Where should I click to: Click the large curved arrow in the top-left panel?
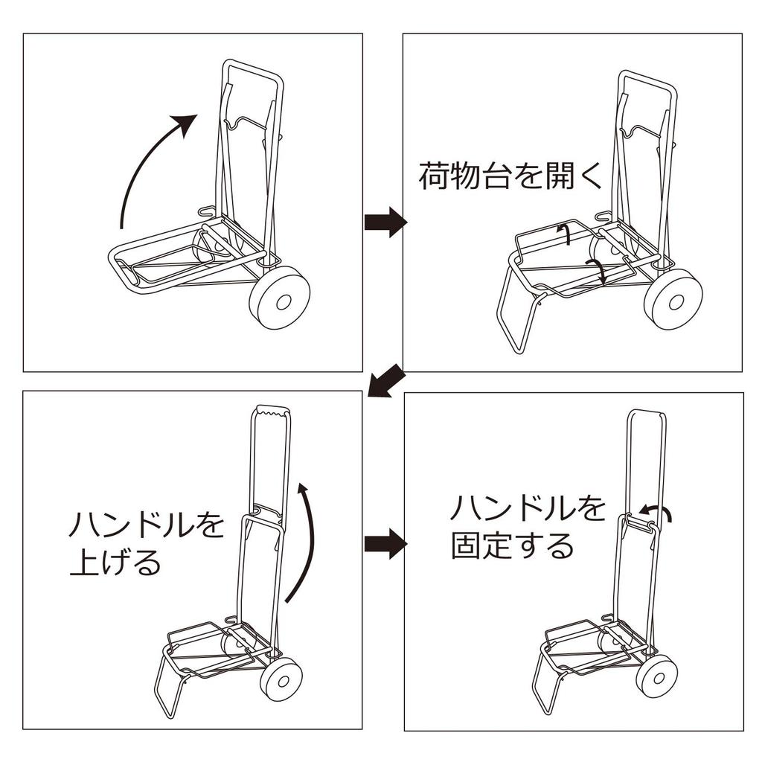coord(141,167)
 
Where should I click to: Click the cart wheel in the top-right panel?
coord(673,300)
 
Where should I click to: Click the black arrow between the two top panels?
coord(385,222)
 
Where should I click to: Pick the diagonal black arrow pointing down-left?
coord(385,381)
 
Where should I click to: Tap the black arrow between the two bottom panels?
coord(385,544)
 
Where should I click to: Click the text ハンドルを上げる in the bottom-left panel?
coord(145,542)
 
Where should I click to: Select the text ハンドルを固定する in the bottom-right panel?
coord(527,528)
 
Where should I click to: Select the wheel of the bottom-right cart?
coord(656,675)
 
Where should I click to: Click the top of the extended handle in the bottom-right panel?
coord(647,412)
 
